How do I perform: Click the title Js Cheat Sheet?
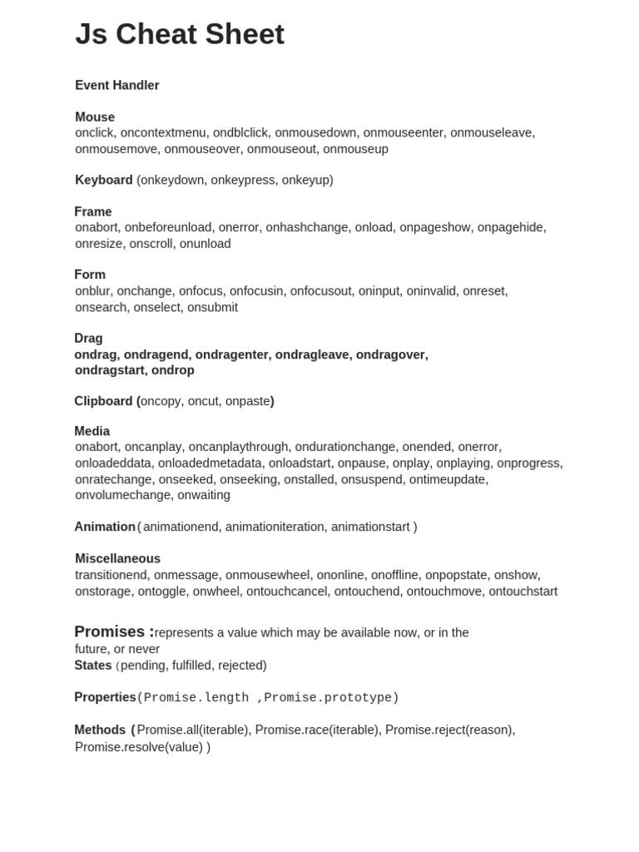[x=180, y=34]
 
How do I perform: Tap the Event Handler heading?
[x=117, y=85]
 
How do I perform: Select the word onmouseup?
[x=355, y=149]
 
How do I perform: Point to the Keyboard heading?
[x=104, y=180]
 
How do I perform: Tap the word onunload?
[x=206, y=244]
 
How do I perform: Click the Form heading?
[x=90, y=275]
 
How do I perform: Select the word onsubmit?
[x=212, y=307]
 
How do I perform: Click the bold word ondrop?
[x=173, y=370]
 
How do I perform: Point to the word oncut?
[x=203, y=401]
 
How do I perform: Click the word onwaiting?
[x=203, y=495]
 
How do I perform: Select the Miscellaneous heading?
[x=117, y=558]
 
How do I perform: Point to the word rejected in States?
[x=241, y=666]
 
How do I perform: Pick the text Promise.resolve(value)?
[x=139, y=747]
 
